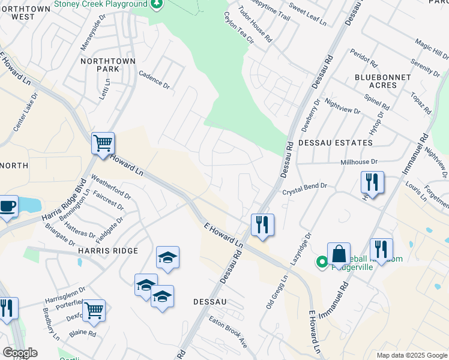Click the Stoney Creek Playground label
tap(100, 4)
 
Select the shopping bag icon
tap(339, 253)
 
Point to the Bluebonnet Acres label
tap(383, 81)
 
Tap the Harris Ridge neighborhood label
tap(107, 250)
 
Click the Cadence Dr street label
tap(154, 80)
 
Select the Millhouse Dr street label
tap(359, 162)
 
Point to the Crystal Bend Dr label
tap(305, 190)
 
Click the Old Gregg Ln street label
tap(277, 292)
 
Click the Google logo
tap(19, 353)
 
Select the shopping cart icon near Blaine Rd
tap(94, 310)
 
